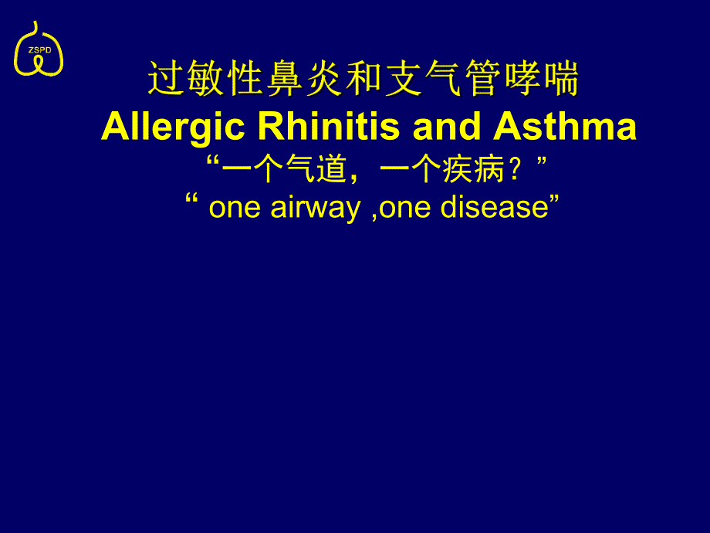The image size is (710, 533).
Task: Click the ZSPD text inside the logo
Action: (39, 49)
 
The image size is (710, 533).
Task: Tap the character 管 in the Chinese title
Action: (482, 80)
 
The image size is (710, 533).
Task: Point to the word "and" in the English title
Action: (448, 127)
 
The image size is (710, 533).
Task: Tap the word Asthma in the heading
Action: (565, 127)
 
